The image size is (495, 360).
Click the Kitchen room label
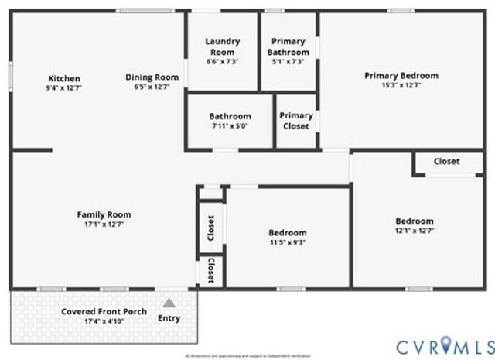[x=64, y=78]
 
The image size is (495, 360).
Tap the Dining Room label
[x=152, y=77]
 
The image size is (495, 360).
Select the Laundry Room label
[x=222, y=46]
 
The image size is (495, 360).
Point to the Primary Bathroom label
[x=288, y=46]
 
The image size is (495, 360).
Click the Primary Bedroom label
[x=401, y=76]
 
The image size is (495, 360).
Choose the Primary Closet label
[x=296, y=121]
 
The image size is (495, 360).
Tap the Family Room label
[x=104, y=214]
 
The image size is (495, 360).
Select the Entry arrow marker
[x=169, y=303]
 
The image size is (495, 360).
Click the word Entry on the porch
[x=169, y=318]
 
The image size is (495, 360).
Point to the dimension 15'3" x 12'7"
[x=401, y=87]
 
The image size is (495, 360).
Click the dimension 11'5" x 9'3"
[x=287, y=242]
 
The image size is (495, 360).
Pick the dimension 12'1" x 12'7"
[x=415, y=230]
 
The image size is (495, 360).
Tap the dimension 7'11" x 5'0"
[x=230, y=126]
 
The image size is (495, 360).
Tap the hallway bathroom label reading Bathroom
[x=230, y=116]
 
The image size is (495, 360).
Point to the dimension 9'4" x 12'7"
[x=64, y=87]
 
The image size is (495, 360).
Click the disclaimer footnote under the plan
[x=247, y=356]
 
